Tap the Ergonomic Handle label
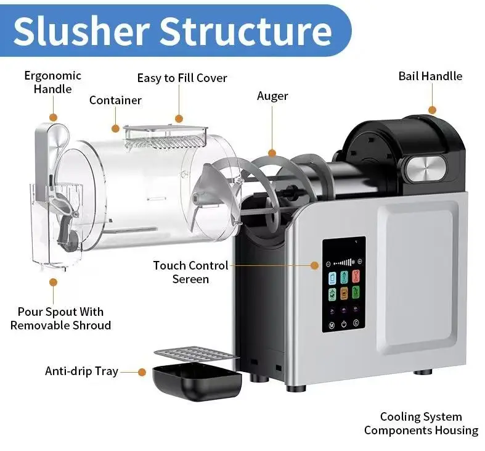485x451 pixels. (x=52, y=82)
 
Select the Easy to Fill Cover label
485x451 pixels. (x=182, y=78)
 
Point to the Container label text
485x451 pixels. (x=115, y=100)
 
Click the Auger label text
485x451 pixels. (x=272, y=96)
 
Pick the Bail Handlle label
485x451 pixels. (x=430, y=76)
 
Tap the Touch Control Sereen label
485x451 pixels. (x=190, y=272)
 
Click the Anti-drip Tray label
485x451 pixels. (x=81, y=371)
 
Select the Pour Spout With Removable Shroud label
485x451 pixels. (x=60, y=318)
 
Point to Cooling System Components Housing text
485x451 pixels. (x=421, y=424)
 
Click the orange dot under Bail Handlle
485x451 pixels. (x=432, y=110)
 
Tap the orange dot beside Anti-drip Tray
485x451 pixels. (x=141, y=372)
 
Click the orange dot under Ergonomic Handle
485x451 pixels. (x=53, y=117)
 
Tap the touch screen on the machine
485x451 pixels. (x=343, y=284)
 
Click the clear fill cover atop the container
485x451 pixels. (x=165, y=134)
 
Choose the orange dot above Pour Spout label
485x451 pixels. (x=54, y=282)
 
